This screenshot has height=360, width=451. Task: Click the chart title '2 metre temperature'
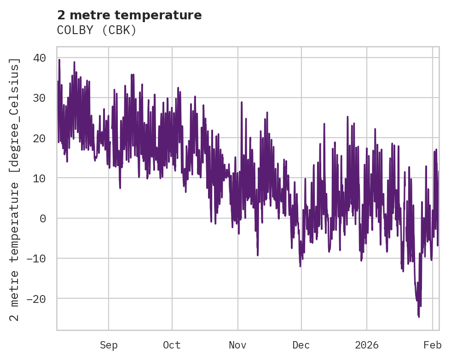tap(129, 15)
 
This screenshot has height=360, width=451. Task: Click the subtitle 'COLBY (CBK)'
tap(97, 30)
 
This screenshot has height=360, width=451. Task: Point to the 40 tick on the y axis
tap(39, 58)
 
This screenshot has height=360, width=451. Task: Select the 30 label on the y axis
tap(39, 98)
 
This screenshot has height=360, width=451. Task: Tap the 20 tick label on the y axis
tap(39, 138)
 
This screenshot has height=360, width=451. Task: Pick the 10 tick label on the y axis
tap(39, 178)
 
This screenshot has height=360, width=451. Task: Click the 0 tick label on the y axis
tap(43, 218)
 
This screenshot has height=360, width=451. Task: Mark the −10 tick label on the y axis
tap(36, 258)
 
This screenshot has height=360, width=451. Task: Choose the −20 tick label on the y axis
tap(36, 298)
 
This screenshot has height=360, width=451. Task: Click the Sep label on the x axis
tap(109, 345)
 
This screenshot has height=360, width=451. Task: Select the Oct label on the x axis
tap(172, 345)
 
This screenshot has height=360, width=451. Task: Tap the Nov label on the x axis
tap(238, 345)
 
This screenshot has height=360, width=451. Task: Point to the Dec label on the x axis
tap(301, 345)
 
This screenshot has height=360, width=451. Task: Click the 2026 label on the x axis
tap(367, 345)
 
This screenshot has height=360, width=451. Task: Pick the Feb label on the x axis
tap(433, 345)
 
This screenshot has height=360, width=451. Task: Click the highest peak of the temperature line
tap(59, 59)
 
